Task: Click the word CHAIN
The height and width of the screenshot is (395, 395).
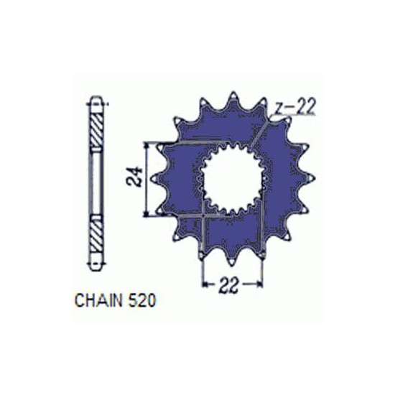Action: (x=100, y=300)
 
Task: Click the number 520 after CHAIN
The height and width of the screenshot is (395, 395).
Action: (x=143, y=300)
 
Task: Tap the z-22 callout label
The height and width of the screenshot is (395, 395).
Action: (x=294, y=107)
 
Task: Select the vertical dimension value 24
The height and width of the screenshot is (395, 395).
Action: (x=135, y=177)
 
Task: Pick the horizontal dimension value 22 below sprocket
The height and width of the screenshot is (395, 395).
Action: (x=228, y=285)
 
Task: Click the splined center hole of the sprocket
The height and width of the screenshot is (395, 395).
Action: (x=233, y=178)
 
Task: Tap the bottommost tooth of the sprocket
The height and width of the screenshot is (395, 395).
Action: (x=231, y=259)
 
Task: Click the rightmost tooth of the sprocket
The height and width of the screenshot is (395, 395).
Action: (x=310, y=178)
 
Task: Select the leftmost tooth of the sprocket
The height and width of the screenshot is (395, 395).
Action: (x=155, y=179)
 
